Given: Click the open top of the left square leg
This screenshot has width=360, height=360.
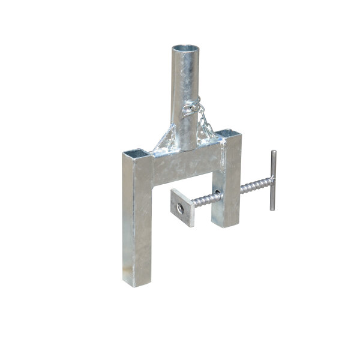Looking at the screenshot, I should pos(137,153).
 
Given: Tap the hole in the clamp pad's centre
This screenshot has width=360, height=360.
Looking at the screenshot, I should pos(180,208).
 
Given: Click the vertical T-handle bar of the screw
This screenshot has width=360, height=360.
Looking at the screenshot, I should pos(272,180).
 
